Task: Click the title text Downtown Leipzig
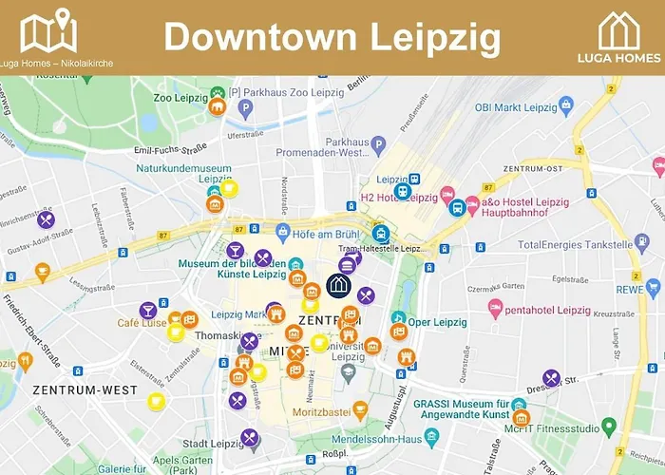click(x=332, y=37)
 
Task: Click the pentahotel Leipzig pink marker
click(x=494, y=309)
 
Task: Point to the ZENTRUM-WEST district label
click(x=85, y=389)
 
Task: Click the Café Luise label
click(x=142, y=323)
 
